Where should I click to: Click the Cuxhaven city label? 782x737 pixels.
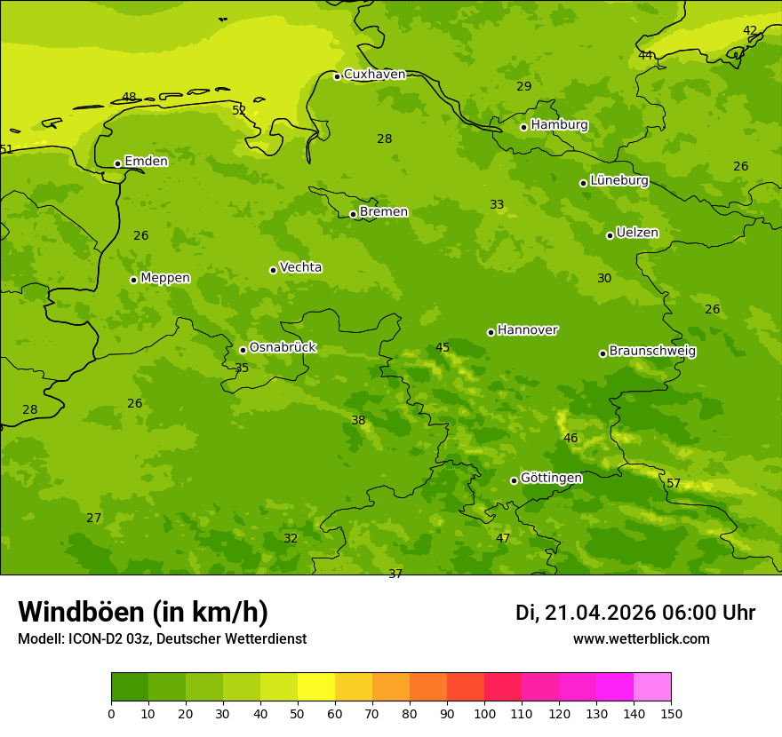pos(374,75)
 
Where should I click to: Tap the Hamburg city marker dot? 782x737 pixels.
pos(523,127)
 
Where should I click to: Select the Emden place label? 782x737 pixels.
pos(146,162)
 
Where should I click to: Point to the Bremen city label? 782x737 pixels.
pos(384,212)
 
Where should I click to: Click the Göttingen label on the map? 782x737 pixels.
pos(551,479)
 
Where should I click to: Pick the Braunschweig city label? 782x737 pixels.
pos(652,352)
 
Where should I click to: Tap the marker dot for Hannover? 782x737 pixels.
pos(491,332)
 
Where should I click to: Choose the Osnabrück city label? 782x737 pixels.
pos(283,348)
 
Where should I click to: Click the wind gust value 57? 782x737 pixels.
pos(674,484)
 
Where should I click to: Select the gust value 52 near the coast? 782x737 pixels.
pos(239,111)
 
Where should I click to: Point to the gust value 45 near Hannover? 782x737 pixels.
pos(443,348)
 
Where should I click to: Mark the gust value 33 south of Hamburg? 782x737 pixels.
pos(497,205)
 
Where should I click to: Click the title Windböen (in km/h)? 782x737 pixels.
pos(143,612)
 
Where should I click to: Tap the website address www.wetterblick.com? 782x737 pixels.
pos(641,639)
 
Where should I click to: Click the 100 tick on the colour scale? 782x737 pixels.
pos(484,713)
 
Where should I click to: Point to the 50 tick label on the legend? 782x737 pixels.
pos(298,713)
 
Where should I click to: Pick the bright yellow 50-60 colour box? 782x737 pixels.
pos(316,687)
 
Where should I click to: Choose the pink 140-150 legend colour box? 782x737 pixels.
pos(652,687)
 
